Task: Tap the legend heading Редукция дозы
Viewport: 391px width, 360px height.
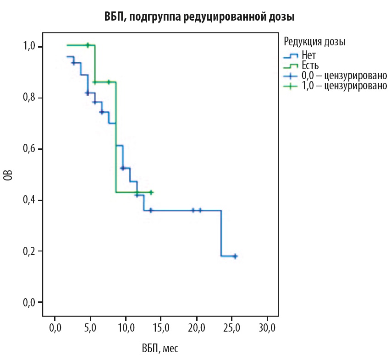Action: (x=314, y=42)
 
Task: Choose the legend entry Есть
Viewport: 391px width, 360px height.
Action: (x=310, y=65)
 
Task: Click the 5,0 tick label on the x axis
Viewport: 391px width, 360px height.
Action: (x=90, y=328)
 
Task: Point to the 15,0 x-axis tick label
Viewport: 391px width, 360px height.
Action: (x=161, y=328)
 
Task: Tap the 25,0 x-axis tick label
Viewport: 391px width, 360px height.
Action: (x=231, y=328)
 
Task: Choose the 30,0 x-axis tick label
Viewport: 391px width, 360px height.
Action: (x=267, y=328)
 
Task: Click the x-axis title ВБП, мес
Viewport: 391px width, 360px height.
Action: (x=160, y=349)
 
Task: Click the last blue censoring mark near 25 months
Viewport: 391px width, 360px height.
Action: (x=235, y=256)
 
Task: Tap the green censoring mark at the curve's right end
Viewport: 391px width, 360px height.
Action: (x=151, y=192)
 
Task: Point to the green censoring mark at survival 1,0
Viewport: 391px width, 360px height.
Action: (x=87, y=45)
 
